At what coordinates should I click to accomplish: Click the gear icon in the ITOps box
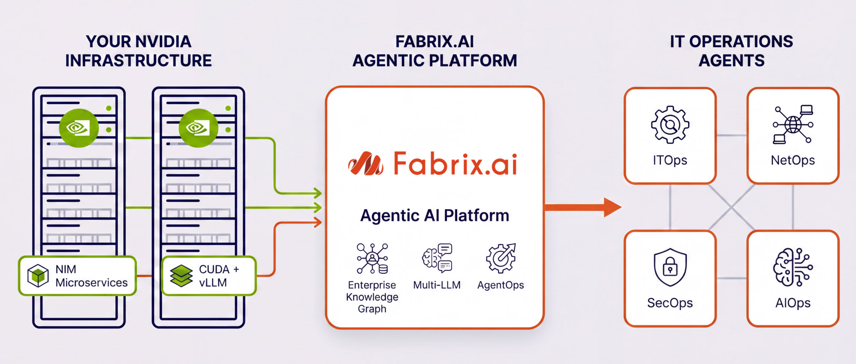670,125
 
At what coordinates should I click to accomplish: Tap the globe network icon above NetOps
793,124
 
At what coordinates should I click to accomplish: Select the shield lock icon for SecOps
670,267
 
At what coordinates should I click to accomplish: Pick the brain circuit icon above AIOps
793,267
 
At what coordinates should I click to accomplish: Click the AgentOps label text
501,285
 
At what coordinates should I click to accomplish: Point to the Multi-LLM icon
437,258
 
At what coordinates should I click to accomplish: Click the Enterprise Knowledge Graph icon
372,259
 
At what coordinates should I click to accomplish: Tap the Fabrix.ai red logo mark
366,164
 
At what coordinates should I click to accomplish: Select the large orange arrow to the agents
582,207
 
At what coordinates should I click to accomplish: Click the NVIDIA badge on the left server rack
79,128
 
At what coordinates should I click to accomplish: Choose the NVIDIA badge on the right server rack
198,128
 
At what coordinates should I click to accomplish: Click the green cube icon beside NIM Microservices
38,275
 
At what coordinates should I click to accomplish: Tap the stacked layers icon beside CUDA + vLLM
181,275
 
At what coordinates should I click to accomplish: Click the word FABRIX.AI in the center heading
434,42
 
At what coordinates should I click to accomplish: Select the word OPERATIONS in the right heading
741,42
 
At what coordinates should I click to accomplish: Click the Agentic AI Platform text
434,216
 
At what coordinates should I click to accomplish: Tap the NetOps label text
793,160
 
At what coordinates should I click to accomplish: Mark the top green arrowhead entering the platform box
317,194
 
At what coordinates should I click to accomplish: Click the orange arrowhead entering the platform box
317,222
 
